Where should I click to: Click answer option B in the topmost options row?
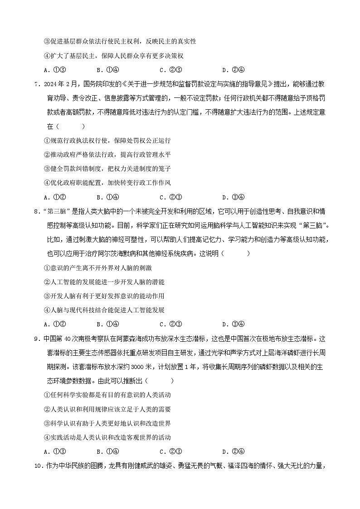coord(107,70)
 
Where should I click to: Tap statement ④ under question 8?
coord(104,310)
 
